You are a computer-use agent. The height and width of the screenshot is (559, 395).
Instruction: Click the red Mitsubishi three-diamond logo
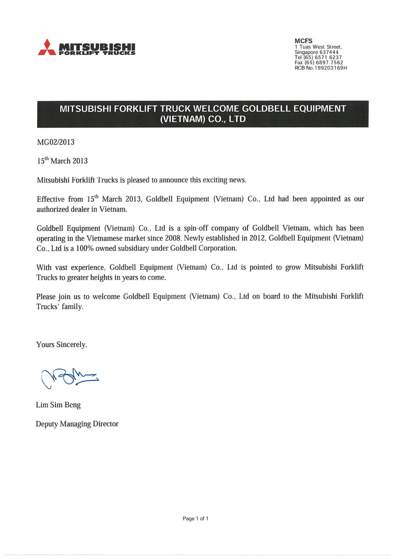tap(47, 48)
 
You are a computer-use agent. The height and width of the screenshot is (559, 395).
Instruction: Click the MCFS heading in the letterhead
tap(303, 41)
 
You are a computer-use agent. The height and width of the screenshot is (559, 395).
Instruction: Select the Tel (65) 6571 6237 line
tap(318, 57)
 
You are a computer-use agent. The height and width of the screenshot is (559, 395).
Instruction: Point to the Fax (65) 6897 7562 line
tap(319, 62)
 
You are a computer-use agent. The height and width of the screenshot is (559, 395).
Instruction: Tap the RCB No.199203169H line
tap(321, 68)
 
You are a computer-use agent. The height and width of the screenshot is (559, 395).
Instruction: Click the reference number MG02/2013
tap(56, 142)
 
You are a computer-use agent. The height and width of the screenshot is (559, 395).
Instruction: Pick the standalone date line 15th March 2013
tap(62, 161)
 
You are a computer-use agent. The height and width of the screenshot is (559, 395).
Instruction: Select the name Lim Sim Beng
tap(58, 405)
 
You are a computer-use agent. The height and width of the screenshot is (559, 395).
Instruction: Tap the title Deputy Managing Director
tap(77, 424)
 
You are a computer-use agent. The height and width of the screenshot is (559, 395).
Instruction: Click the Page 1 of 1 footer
tap(196, 519)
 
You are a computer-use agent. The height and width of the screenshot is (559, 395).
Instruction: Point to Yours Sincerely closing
tap(62, 344)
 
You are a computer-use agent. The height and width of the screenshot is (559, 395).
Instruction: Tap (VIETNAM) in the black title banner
tap(182, 119)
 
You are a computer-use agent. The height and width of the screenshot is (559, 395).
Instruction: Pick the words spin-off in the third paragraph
tap(196, 228)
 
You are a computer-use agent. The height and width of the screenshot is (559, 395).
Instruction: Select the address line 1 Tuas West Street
tap(318, 47)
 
